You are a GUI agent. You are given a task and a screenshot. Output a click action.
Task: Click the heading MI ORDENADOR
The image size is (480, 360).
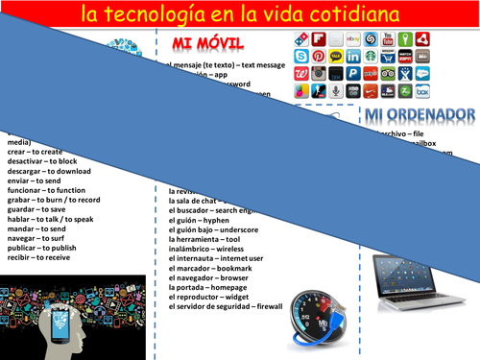(x=420, y=115)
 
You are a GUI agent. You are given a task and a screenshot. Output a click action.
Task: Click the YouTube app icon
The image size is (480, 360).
(x=388, y=39)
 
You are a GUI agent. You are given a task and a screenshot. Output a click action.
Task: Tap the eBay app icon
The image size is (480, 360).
(x=353, y=39)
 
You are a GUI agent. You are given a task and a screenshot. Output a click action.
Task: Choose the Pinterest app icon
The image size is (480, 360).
(x=319, y=56)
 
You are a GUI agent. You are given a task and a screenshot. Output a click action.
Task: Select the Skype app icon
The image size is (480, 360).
(x=301, y=56)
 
